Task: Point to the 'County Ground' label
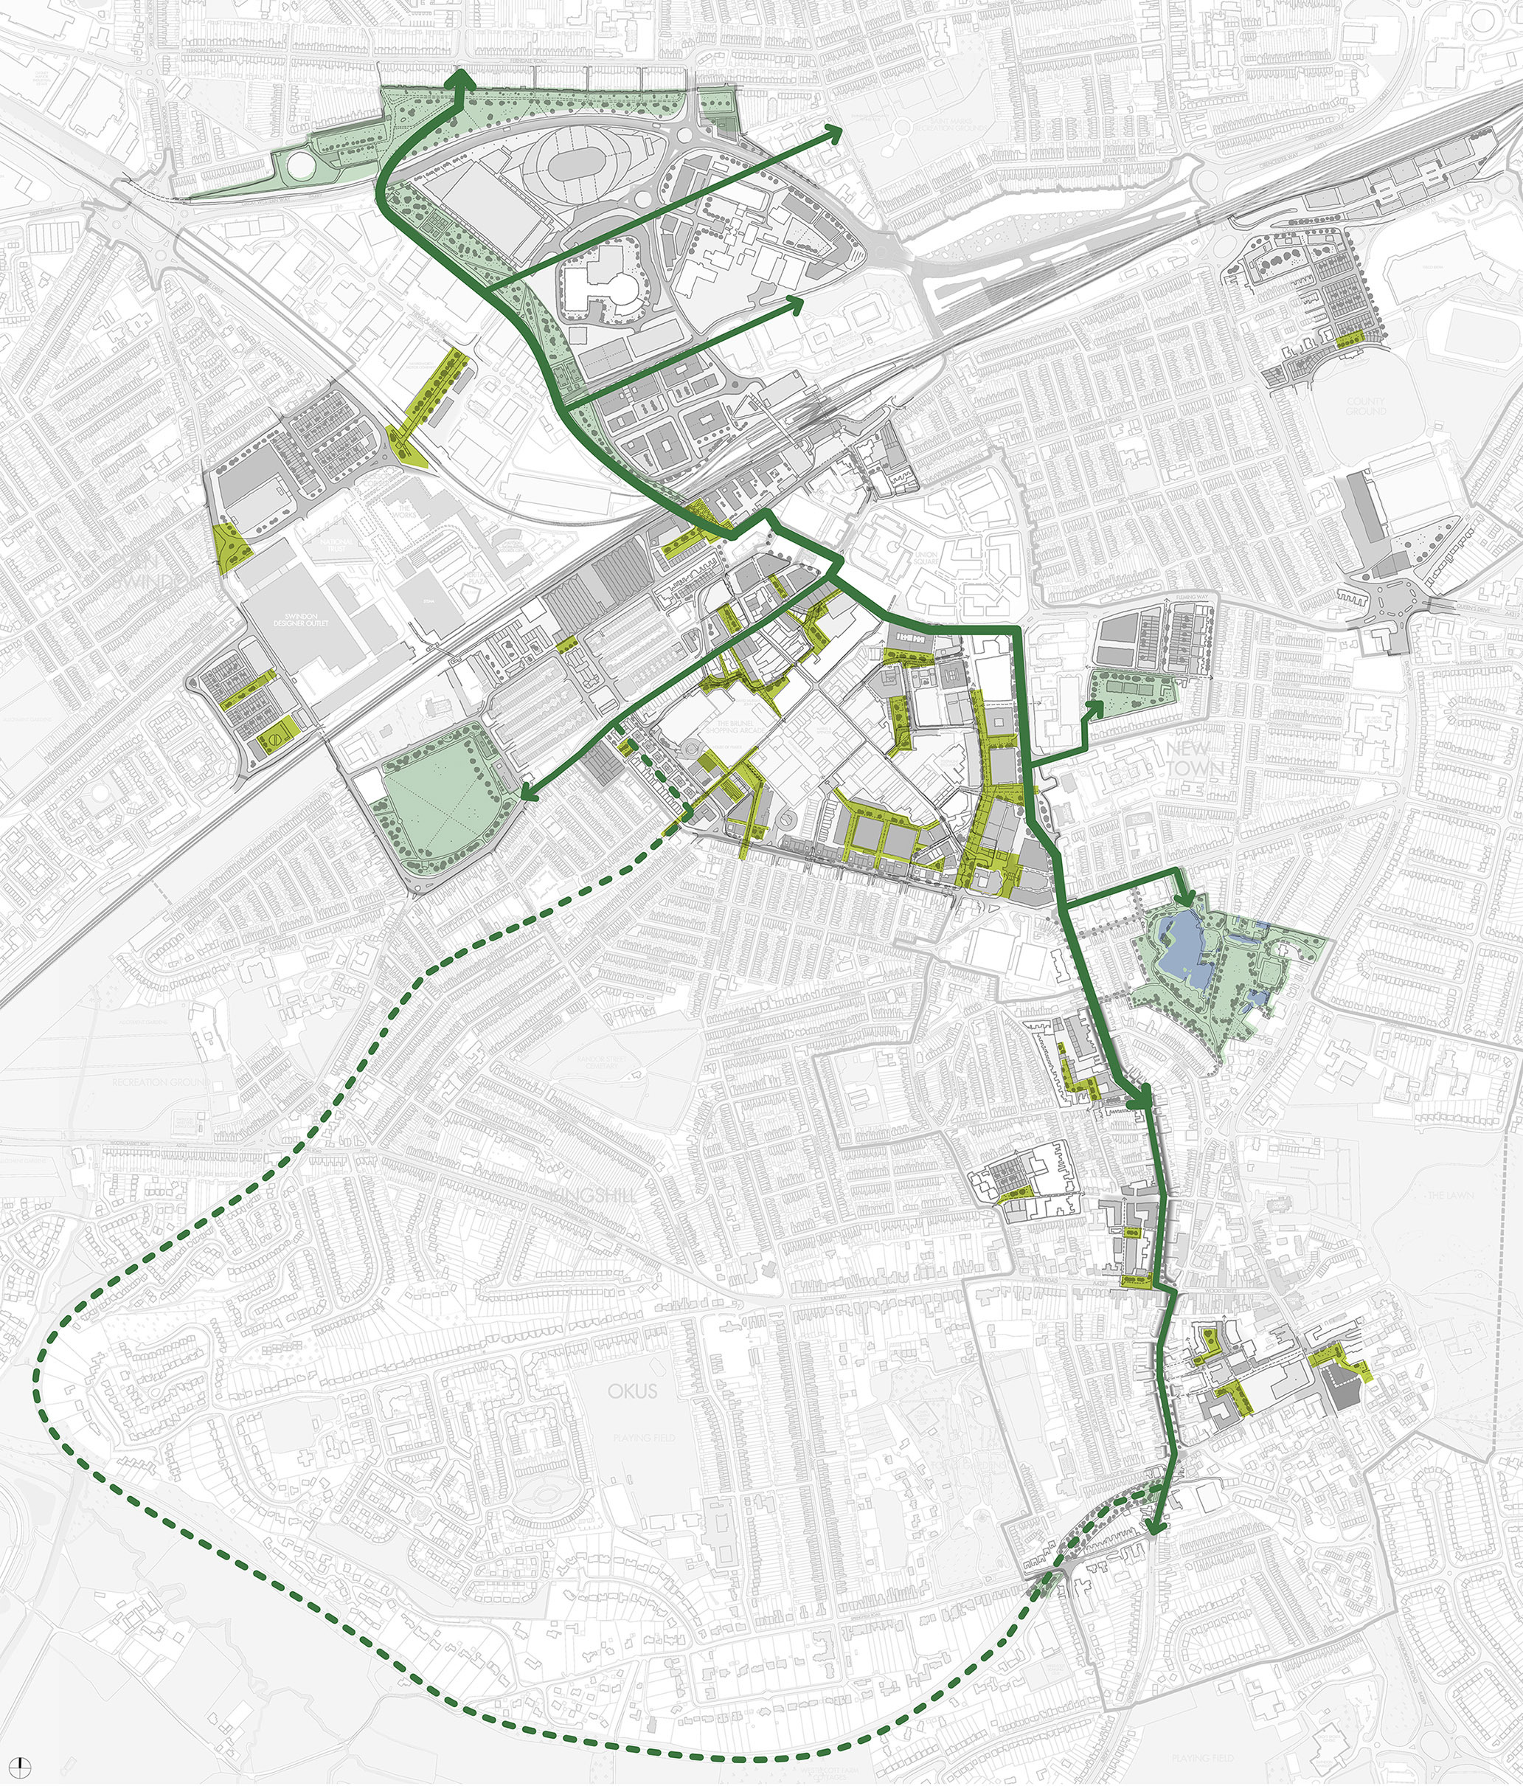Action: (1366, 406)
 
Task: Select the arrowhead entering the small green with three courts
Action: (1095, 707)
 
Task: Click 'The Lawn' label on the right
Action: (1451, 1196)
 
